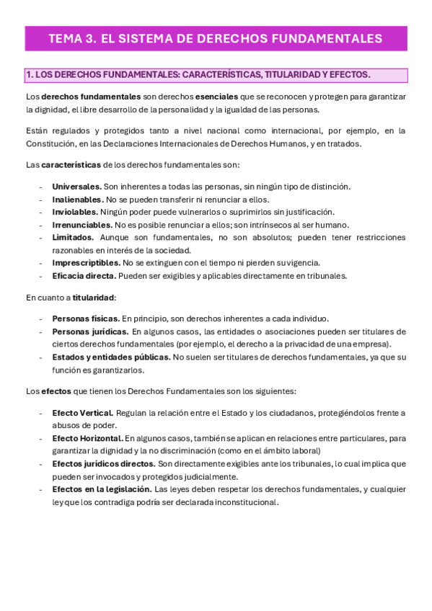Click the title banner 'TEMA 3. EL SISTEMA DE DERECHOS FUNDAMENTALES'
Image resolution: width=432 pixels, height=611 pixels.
(x=216, y=38)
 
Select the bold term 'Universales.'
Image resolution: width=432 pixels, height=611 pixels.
(x=76, y=187)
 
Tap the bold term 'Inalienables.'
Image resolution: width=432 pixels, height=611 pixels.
(x=77, y=200)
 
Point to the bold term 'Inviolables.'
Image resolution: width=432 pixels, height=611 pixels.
(x=75, y=212)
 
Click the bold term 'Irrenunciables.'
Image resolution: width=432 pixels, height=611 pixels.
(x=82, y=225)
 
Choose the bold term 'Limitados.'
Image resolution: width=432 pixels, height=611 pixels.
(x=73, y=237)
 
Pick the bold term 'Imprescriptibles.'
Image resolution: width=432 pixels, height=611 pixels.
(x=86, y=263)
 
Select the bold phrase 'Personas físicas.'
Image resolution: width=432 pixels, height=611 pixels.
(x=86, y=318)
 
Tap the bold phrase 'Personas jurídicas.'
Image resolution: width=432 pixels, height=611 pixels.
(x=90, y=331)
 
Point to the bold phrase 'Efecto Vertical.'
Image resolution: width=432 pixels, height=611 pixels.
(x=82, y=413)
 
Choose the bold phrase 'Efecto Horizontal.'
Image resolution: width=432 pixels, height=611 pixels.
(x=87, y=438)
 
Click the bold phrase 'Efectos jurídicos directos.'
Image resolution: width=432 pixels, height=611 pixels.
(x=104, y=463)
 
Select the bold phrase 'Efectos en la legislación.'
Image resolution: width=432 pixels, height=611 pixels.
(x=102, y=489)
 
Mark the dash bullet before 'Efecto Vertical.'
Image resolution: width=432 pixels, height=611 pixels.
(x=41, y=413)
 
